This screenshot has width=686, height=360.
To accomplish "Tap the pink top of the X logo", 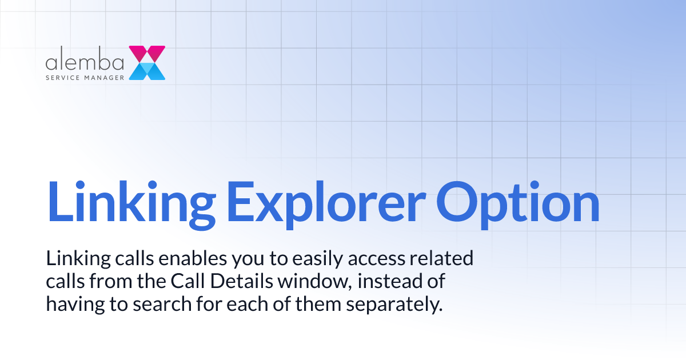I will (147, 54).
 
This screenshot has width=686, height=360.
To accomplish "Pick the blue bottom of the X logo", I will (147, 71).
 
